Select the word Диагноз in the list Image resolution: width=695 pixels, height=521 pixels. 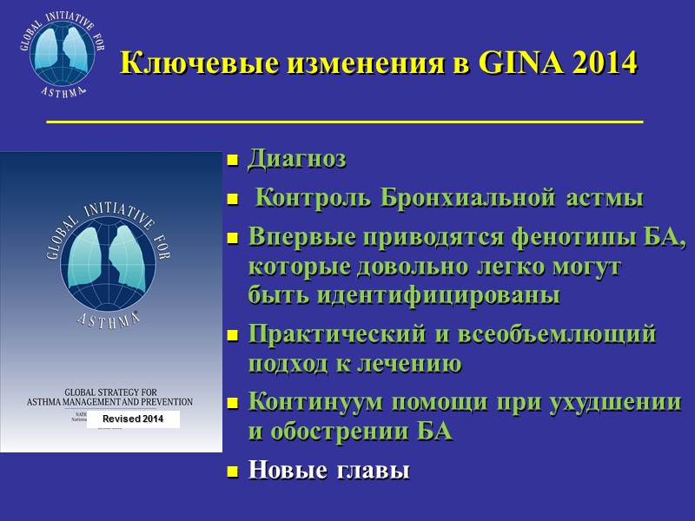(x=297, y=160)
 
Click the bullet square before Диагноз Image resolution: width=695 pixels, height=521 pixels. (x=232, y=161)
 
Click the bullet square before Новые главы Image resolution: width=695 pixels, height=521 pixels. (x=232, y=472)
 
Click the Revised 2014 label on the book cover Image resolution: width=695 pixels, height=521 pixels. (x=133, y=419)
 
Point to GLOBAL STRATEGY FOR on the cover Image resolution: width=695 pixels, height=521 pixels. (x=109, y=391)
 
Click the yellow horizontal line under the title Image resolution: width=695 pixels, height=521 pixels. (x=344, y=122)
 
